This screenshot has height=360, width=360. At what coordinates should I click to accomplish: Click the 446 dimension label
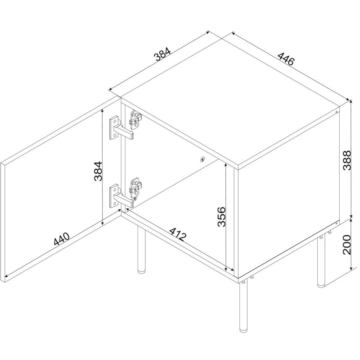[x=286, y=59]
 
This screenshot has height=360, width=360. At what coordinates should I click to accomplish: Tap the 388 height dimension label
[x=347, y=160]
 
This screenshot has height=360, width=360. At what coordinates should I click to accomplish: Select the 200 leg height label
[x=347, y=245]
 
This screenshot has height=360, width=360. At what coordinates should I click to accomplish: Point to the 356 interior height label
[x=221, y=217]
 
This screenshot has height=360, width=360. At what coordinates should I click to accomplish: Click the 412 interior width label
[x=177, y=234]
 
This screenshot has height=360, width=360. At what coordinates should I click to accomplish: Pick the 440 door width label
[x=61, y=239]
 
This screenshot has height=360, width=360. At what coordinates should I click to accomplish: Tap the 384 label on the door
[x=98, y=171]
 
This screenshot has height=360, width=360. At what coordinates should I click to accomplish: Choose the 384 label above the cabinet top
[x=162, y=54]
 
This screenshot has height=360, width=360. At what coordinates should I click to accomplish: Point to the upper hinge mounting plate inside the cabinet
[x=136, y=119]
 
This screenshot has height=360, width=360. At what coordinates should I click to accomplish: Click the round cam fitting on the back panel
[x=202, y=159]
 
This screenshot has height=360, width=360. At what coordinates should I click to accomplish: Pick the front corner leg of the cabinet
[x=243, y=307]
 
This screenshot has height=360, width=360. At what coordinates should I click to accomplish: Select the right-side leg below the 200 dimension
[x=321, y=262]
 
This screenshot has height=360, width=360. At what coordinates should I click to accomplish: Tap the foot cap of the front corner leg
[x=243, y=330]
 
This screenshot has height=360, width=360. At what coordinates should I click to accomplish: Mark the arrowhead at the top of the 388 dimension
[x=351, y=102]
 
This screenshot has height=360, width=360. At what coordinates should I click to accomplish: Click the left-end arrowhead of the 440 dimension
[x=7, y=276]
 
